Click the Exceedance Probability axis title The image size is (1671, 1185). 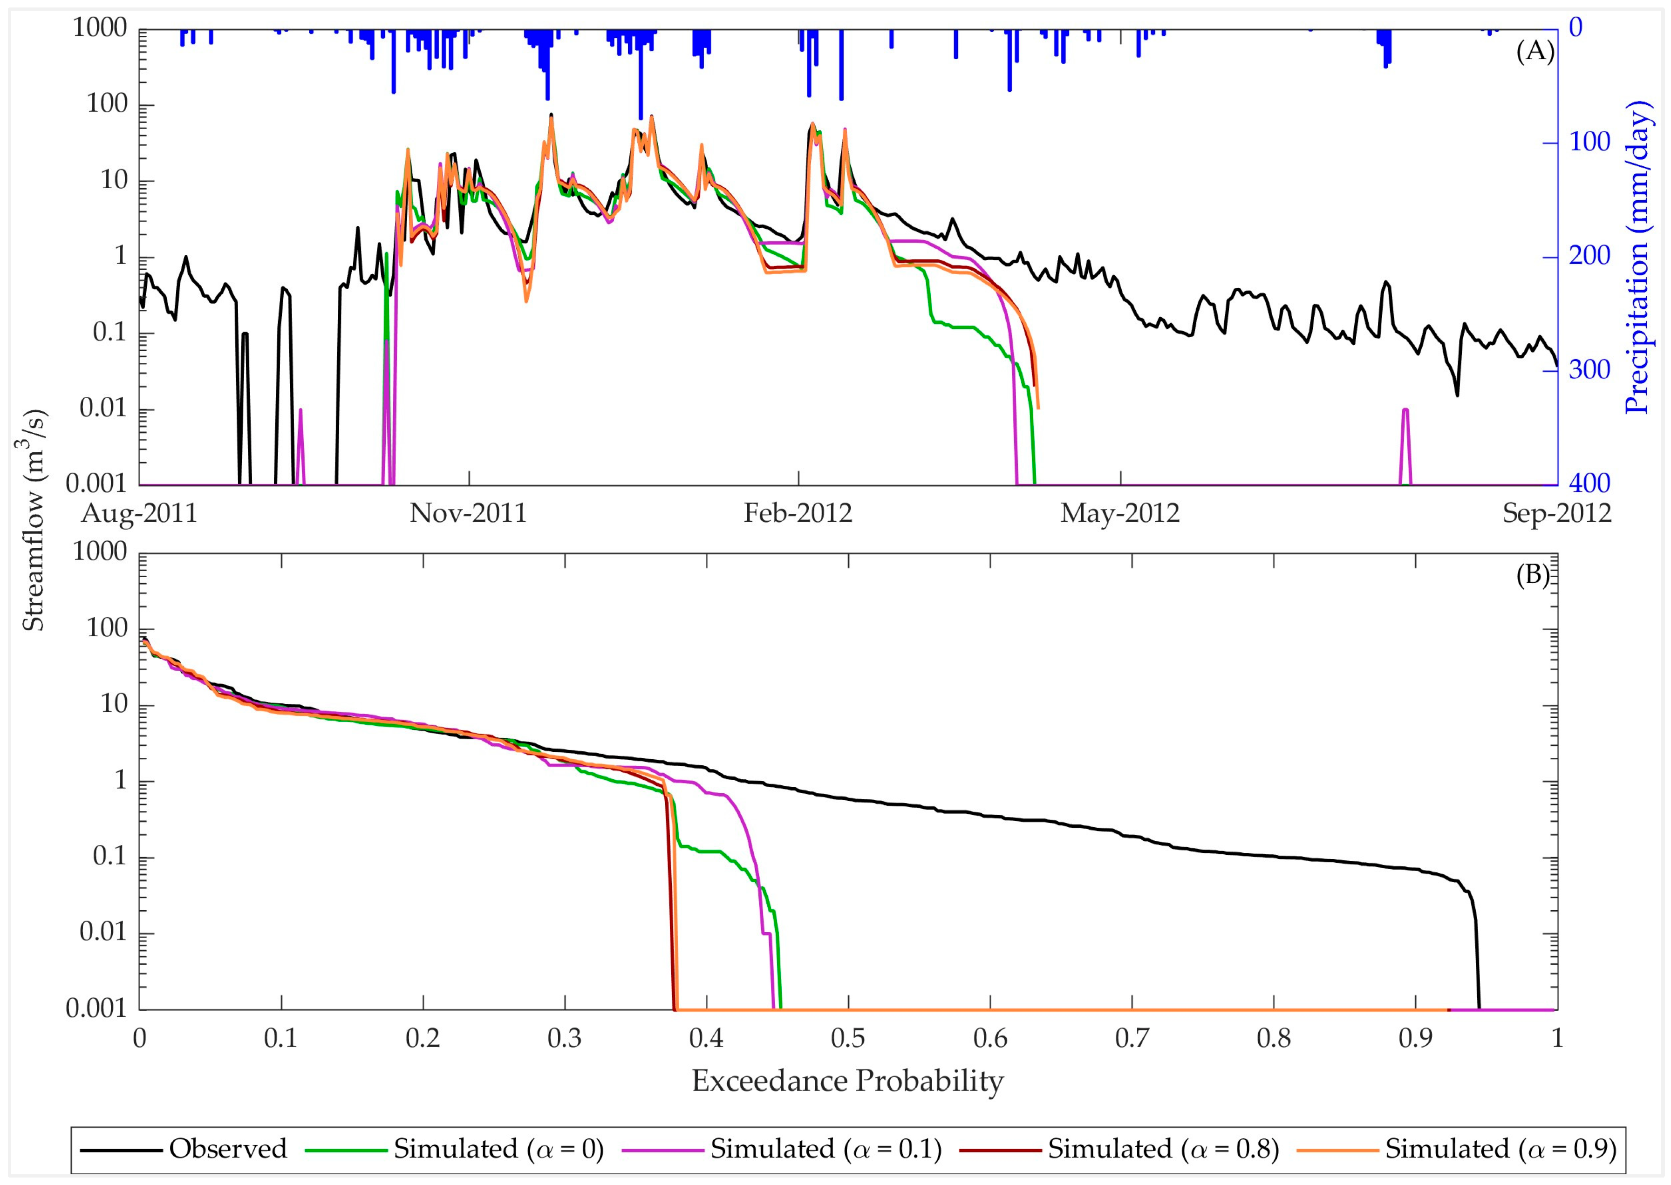pos(847,1081)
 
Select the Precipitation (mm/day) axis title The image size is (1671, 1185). pos(1638,257)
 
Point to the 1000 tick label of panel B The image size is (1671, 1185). pos(100,552)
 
